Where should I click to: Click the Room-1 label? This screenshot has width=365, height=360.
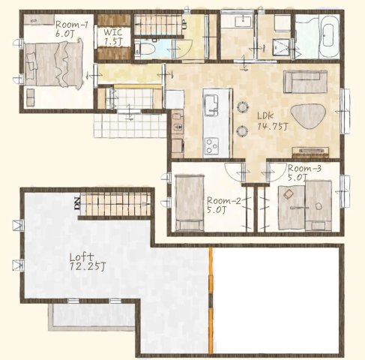coord(71,25)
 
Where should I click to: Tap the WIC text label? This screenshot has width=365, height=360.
coord(113,32)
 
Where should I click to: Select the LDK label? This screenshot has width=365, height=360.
coord(265,115)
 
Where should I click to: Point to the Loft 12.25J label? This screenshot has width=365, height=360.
coord(88,262)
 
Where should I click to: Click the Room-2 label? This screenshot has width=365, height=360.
coord(224,201)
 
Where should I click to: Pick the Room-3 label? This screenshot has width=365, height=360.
coord(304,169)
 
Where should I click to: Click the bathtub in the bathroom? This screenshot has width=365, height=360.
coord(329,37)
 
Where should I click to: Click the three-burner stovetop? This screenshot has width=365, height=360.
coord(211,145)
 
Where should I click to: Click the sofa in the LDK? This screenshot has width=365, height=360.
coord(305,82)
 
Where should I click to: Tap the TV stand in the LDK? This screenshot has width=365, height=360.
coord(310,152)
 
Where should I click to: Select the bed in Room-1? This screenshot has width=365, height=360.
coord(54,64)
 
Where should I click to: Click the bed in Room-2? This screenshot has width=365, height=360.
coord(190,202)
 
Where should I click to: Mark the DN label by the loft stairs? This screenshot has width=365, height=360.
coord(76,203)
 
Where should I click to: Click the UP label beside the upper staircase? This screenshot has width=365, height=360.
coord(184,25)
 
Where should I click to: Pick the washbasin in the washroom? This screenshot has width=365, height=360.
coord(244,21)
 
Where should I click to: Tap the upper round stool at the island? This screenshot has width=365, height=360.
coord(242,107)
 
